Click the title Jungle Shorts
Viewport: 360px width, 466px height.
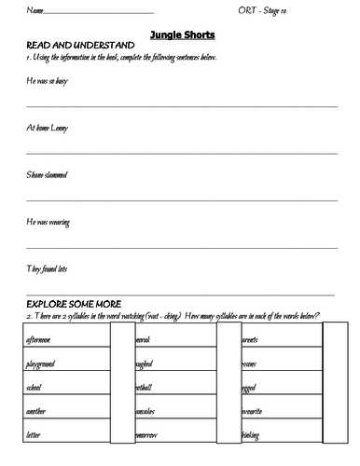pos(182,34)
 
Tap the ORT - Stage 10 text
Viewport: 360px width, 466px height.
pos(291,11)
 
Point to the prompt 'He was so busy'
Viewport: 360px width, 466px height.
pos(48,81)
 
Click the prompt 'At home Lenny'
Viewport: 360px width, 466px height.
pos(48,128)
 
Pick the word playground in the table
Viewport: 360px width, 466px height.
pos(44,363)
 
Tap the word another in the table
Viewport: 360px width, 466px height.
pos(39,409)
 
